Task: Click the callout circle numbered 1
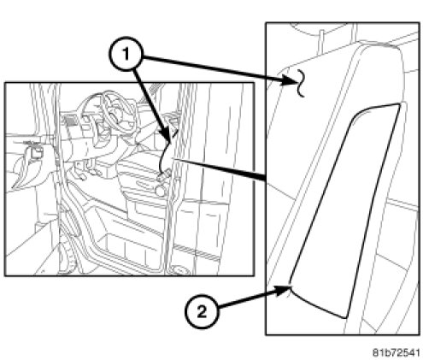click(x=126, y=54)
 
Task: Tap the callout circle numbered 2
click(x=202, y=312)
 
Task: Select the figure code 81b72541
click(x=397, y=352)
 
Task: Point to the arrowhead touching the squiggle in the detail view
click(x=289, y=80)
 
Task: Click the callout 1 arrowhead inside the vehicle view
click(x=167, y=136)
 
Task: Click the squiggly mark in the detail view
click(x=301, y=83)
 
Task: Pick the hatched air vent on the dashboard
click(x=70, y=121)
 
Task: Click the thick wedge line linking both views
click(x=220, y=170)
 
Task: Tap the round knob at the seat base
click(x=161, y=190)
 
